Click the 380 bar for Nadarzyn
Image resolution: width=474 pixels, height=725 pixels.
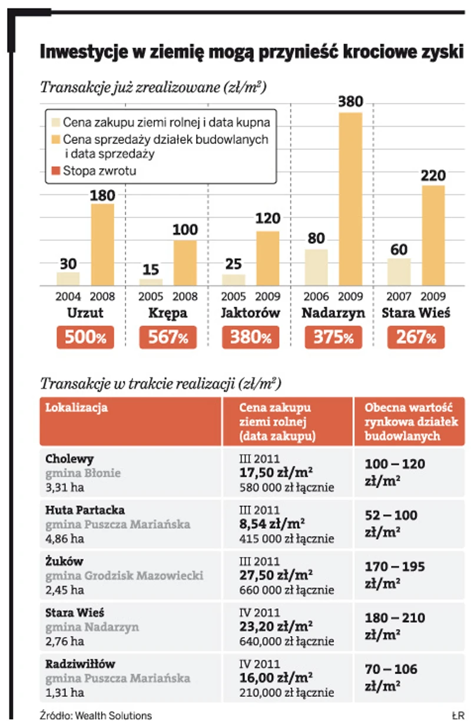(x=350, y=199)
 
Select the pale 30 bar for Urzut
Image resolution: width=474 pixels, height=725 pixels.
(x=68, y=279)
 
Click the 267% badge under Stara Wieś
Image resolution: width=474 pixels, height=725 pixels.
(x=416, y=337)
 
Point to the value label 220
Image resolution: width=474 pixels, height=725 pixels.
(x=433, y=176)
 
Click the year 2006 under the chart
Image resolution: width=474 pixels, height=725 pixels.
(x=316, y=296)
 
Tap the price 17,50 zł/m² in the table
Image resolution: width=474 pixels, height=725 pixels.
(x=276, y=473)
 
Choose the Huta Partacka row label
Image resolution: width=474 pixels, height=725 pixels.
(x=85, y=510)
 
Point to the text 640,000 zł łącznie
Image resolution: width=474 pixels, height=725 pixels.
(x=286, y=641)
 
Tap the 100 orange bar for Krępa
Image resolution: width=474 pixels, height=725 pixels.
(x=185, y=263)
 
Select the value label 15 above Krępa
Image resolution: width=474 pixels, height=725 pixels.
(x=151, y=269)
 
